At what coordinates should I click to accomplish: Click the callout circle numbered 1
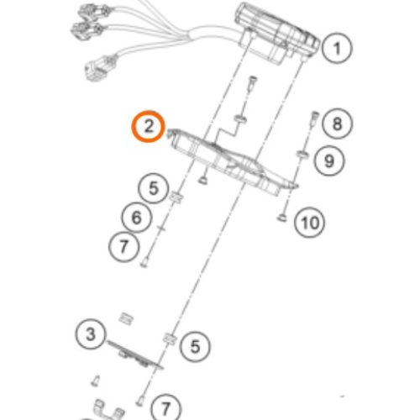[x=336, y=48]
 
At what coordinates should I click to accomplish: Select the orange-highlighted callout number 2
[x=149, y=126]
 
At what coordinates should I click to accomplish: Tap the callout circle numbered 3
[x=91, y=334]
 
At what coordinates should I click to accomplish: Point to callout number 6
[x=136, y=218]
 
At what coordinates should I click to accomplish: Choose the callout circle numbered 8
[x=337, y=123]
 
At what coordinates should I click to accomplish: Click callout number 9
[x=329, y=160]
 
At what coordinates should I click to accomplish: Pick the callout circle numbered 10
[x=310, y=223]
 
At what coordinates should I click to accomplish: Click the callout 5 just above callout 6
[x=154, y=188]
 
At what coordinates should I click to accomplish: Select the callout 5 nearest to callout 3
[x=195, y=346]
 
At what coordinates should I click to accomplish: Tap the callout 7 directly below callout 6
[x=123, y=247]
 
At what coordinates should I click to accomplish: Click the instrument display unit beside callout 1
[x=277, y=34]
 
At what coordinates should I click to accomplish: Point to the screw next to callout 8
[x=314, y=119]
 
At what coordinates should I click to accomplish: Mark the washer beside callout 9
[x=302, y=154]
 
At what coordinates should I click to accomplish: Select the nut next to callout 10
[x=282, y=217]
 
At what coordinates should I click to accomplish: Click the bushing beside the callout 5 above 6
[x=176, y=197]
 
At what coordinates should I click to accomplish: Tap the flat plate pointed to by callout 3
[x=134, y=354]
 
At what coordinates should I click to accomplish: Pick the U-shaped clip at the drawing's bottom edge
[x=109, y=411]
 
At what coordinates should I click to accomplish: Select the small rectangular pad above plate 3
[x=126, y=318]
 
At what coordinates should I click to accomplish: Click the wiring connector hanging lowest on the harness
[x=102, y=68]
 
